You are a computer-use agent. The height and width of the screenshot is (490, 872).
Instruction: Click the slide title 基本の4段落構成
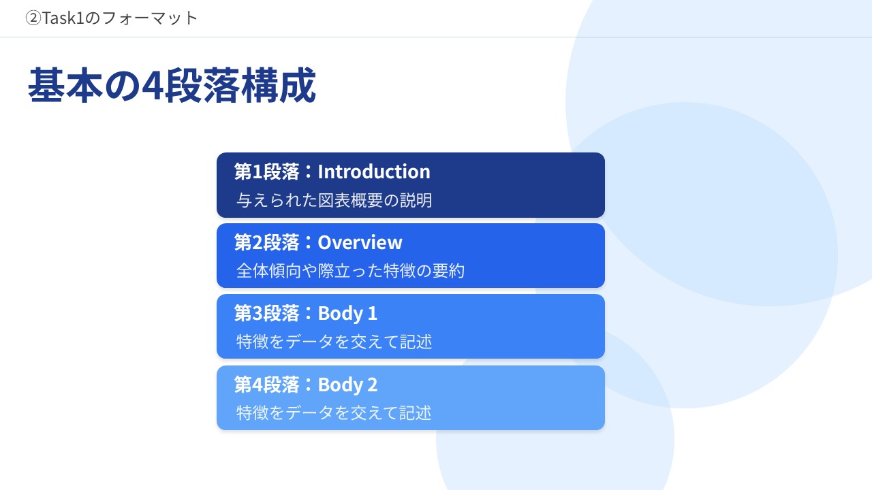pos(172,85)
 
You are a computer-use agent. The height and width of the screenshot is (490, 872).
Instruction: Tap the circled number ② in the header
pos(33,18)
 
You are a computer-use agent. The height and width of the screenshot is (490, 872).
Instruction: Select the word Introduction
pos(374,171)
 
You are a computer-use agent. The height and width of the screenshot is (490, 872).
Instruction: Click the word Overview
pos(360,242)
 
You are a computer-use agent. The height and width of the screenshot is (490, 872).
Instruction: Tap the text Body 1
pos(347,314)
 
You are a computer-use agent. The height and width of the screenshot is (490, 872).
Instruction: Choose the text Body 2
pos(347,385)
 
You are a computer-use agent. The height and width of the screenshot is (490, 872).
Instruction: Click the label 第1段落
pos(266,171)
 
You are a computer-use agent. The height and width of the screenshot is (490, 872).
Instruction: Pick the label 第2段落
pos(266,242)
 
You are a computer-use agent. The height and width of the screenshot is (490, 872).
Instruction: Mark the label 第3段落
pos(266,314)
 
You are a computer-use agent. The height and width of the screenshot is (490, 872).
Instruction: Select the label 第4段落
pos(266,385)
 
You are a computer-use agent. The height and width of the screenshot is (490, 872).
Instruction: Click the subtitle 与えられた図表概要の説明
pos(334,200)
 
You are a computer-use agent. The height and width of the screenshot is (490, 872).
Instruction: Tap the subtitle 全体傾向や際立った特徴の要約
pos(350,271)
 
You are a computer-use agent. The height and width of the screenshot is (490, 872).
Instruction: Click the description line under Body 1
pos(334,342)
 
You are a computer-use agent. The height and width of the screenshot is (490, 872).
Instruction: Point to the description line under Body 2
pos(334,412)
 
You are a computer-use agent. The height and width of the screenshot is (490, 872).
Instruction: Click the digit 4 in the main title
pos(153,86)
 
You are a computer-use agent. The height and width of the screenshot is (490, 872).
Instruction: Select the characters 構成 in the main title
pos(278,85)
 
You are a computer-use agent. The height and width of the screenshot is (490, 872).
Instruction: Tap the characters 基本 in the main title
pos(65,85)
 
